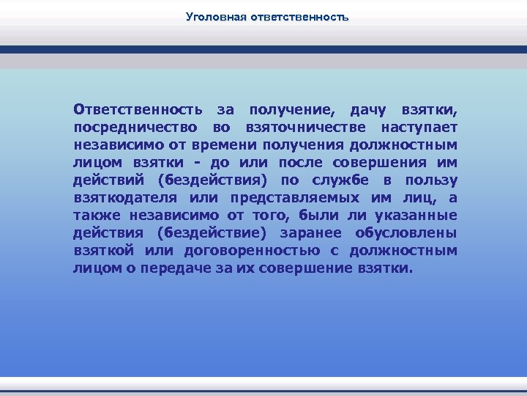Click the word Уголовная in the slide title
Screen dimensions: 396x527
[213, 15]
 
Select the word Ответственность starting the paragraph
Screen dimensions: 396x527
[138, 111]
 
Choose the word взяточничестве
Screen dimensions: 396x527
[298, 128]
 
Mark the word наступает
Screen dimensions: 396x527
[414, 128]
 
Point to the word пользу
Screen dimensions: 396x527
[431, 180]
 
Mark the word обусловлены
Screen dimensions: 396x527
[406, 233]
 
